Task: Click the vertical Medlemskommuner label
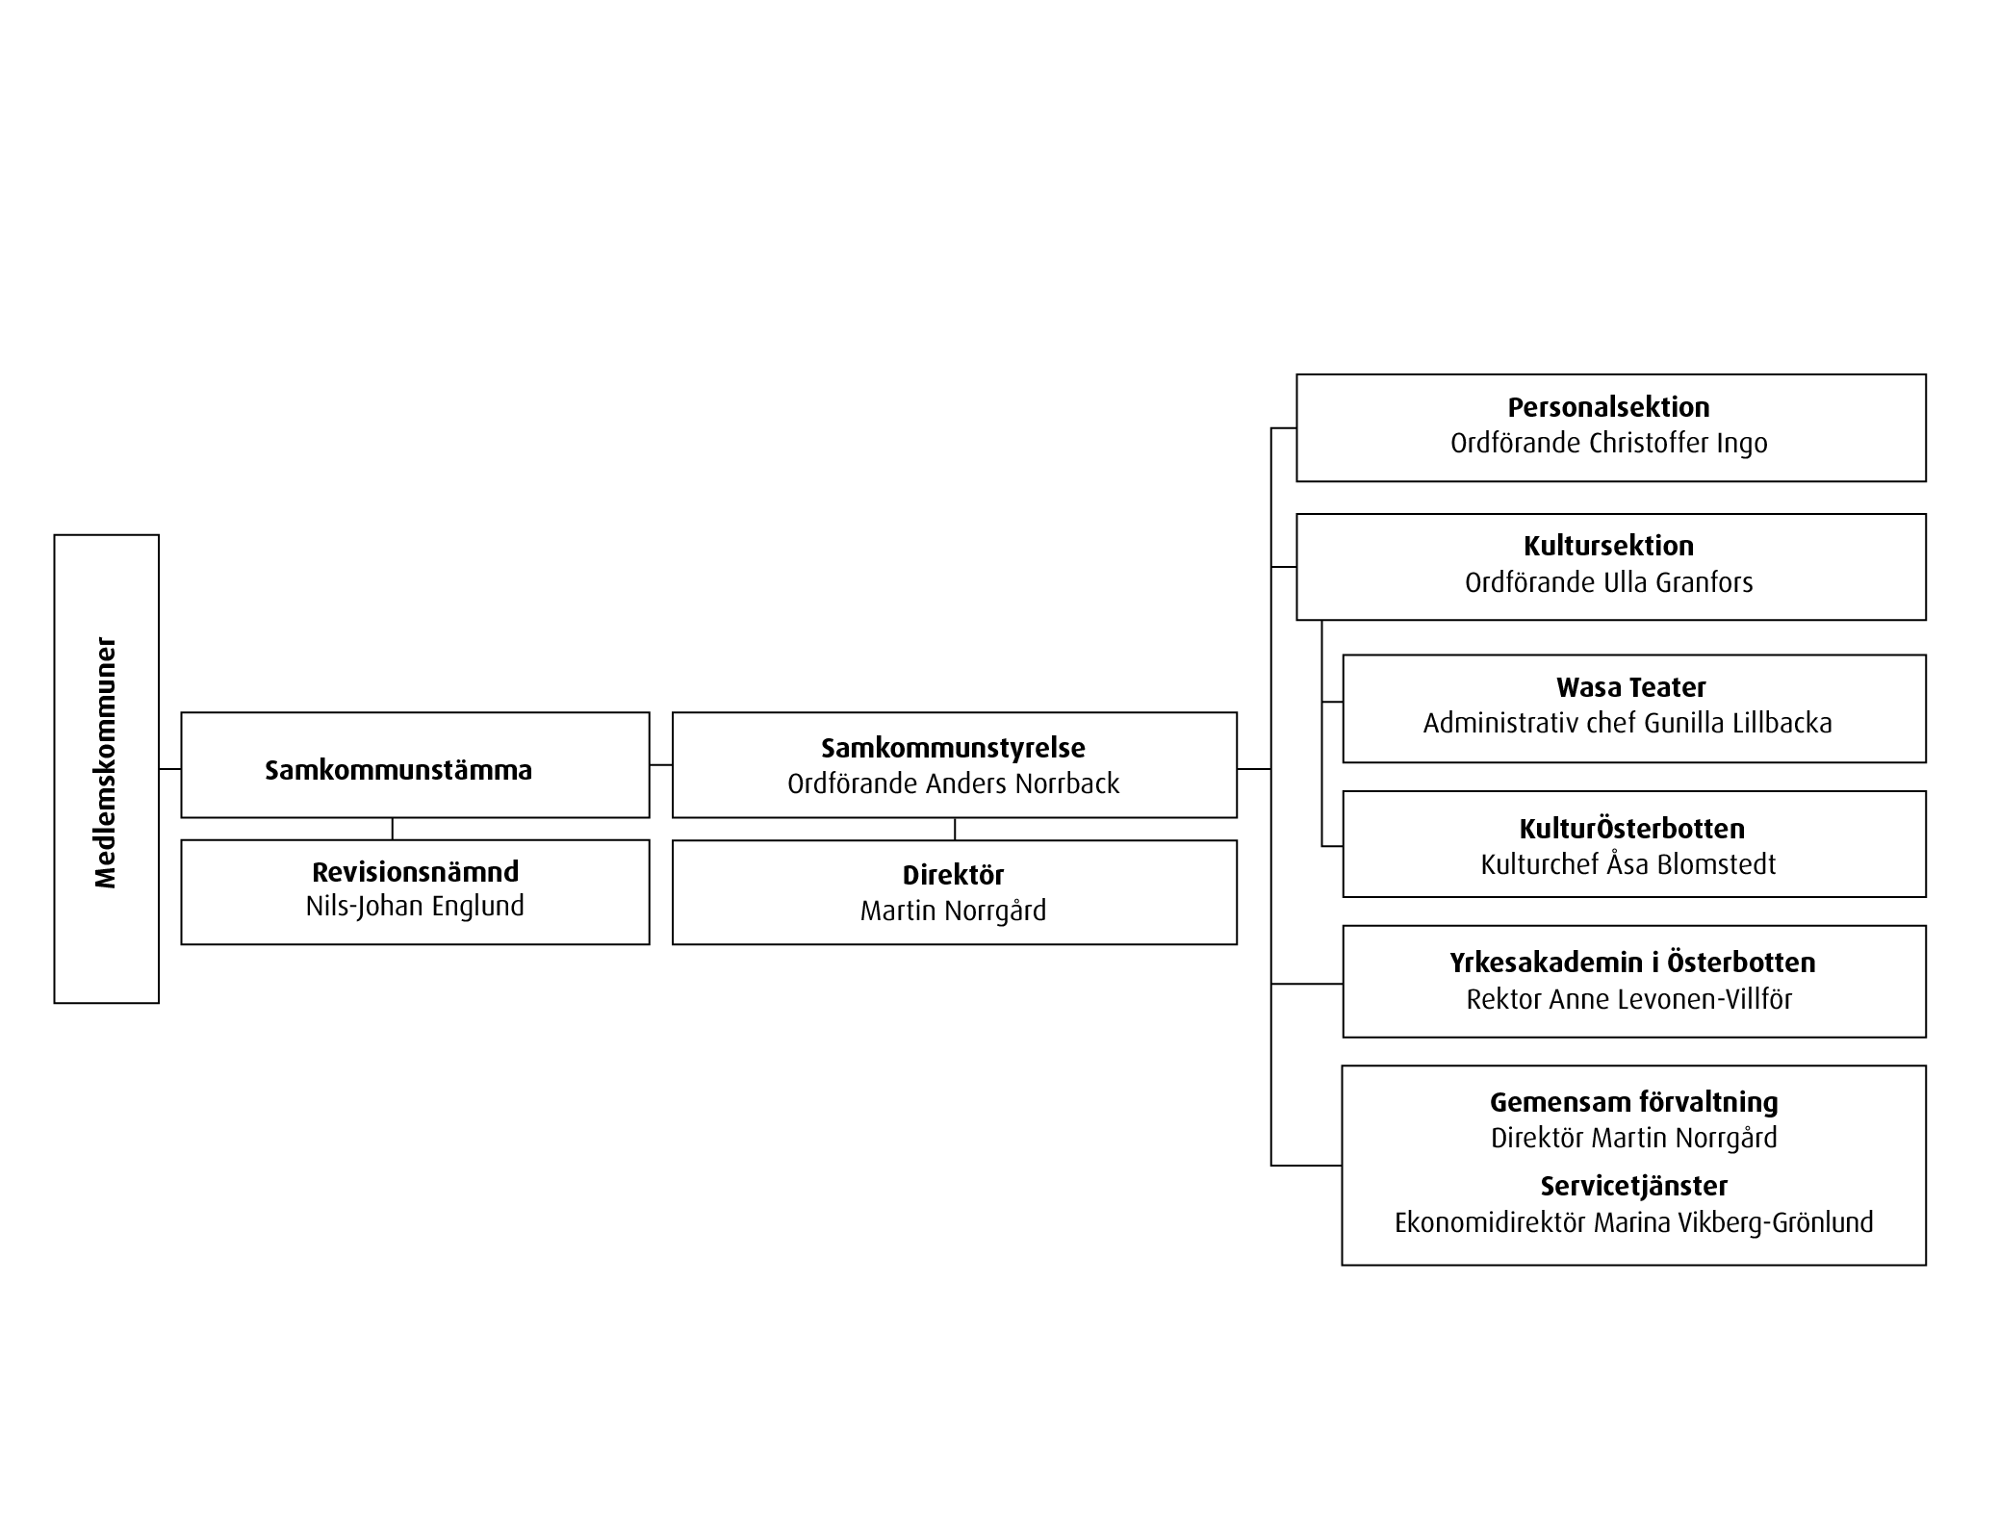(106, 762)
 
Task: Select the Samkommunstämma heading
(398, 770)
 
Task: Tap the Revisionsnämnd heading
(415, 872)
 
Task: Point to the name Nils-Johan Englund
(415, 907)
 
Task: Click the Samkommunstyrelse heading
(953, 748)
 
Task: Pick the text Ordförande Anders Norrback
(953, 784)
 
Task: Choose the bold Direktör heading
(953, 875)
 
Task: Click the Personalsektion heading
(1608, 407)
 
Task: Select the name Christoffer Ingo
(1679, 444)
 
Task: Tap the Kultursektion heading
(1608, 546)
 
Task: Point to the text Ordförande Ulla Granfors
(1608, 582)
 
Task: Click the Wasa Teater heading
(1630, 687)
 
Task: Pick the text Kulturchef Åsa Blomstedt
(1627, 864)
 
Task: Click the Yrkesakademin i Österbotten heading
(1632, 963)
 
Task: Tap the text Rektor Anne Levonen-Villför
(1628, 999)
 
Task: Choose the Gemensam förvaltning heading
(1633, 1102)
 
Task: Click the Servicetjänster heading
(1633, 1186)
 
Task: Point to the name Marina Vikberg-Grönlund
(1733, 1222)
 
